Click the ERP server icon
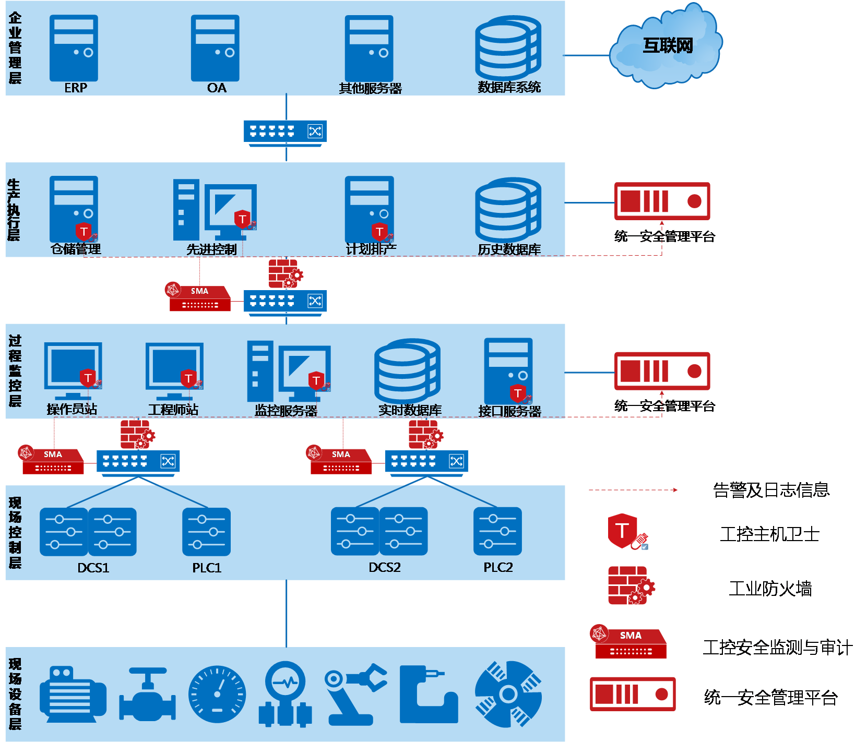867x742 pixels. (x=74, y=48)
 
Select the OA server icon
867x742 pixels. (x=215, y=48)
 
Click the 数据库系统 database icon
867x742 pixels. (x=508, y=48)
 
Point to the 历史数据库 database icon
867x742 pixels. (x=508, y=210)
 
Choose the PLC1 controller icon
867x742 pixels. (x=206, y=532)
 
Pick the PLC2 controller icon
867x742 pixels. (x=497, y=531)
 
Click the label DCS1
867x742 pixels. (x=93, y=568)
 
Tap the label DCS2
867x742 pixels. (x=385, y=567)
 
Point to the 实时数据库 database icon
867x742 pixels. (x=407, y=371)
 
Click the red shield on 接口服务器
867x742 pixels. (x=518, y=393)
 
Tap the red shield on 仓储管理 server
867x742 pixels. (x=84, y=232)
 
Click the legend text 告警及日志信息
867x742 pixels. (x=771, y=490)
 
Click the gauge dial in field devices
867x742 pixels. (x=217, y=694)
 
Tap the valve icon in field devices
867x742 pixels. (x=147, y=694)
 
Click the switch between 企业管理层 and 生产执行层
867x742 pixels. (x=285, y=133)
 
